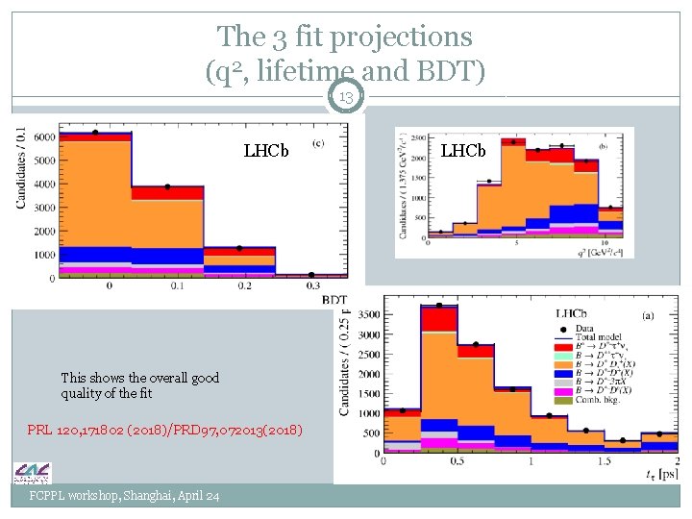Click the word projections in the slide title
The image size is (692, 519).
point(400,37)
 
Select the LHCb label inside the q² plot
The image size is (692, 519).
point(463,151)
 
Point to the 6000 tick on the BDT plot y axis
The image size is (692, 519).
point(42,137)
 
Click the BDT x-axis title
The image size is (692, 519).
point(334,300)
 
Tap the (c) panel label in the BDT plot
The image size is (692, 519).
point(317,145)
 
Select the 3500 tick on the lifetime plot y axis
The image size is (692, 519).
point(367,314)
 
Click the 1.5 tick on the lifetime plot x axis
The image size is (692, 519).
point(604,461)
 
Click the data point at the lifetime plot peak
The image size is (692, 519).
point(439,306)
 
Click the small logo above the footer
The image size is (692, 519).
point(32,473)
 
